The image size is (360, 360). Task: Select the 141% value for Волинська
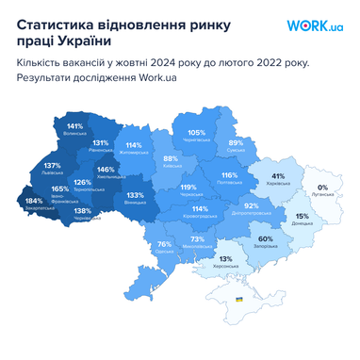[74, 126]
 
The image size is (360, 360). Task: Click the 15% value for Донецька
[302, 216]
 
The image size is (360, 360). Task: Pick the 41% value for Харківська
[278, 176]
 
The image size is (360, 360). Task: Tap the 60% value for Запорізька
[266, 238]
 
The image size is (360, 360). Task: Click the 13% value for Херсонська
[225, 259]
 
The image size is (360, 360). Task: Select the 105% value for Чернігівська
[196, 133]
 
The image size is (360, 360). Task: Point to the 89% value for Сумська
[236, 143]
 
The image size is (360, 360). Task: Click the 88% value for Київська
[171, 158]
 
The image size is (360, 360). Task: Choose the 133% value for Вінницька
[134, 195]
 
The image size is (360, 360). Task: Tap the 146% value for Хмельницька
[106, 171]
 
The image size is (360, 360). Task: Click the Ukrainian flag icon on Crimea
[238, 299]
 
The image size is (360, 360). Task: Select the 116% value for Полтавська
[229, 175]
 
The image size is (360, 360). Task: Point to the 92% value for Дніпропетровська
[251, 205]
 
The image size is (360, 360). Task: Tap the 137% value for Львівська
[52, 166]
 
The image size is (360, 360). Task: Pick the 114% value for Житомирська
[134, 145]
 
